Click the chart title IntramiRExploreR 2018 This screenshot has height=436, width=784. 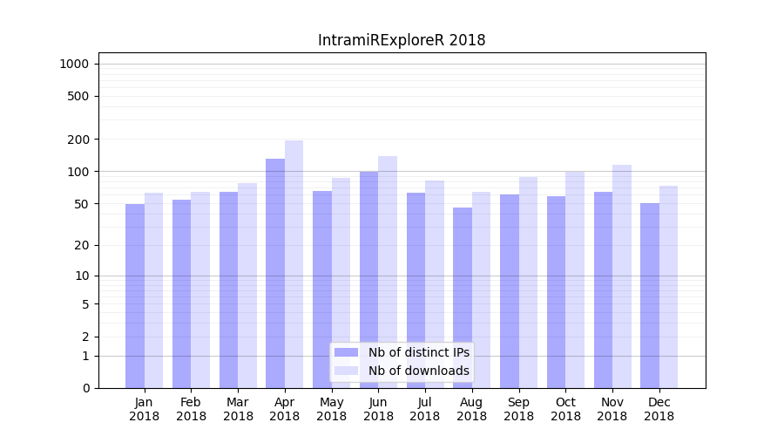(402, 40)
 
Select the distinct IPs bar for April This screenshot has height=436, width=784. (275, 273)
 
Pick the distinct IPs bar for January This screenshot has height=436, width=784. (135, 296)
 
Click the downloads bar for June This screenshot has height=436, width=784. (388, 271)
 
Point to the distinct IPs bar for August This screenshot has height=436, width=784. (463, 297)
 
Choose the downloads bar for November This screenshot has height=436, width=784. (622, 276)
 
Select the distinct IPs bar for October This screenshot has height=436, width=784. (556, 291)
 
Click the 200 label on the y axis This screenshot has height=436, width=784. (78, 140)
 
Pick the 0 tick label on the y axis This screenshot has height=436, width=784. (85, 388)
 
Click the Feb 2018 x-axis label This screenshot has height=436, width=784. (191, 409)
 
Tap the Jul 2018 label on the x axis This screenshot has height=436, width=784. (425, 409)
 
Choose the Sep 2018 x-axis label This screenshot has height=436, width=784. (518, 409)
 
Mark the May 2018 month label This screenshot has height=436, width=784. (332, 409)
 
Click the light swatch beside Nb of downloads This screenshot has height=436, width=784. (346, 371)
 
